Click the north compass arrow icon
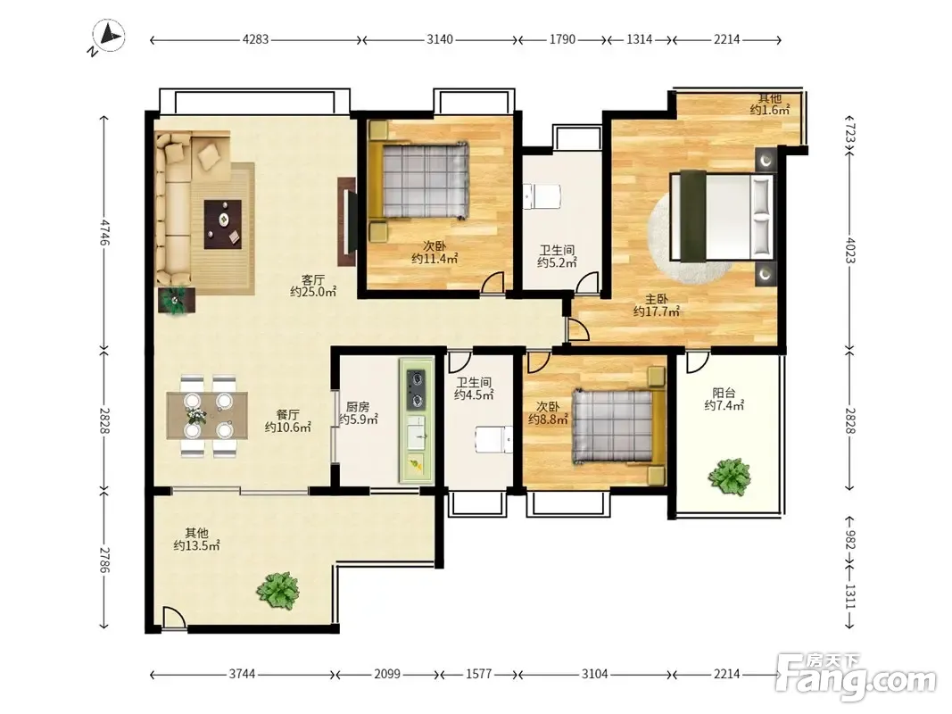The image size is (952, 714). click(x=109, y=36)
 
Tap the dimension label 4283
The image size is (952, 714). click(x=255, y=39)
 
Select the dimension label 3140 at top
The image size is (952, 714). click(x=440, y=39)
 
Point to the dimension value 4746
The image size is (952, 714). click(x=104, y=233)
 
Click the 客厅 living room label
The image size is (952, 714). click(x=312, y=280)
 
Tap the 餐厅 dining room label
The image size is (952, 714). click(x=288, y=415)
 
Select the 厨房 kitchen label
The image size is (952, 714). click(x=358, y=407)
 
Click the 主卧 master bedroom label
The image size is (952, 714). click(x=657, y=299)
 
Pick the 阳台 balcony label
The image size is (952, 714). click(x=724, y=393)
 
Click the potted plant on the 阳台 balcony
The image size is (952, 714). click(x=729, y=476)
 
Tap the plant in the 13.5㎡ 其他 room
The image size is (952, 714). click(x=278, y=590)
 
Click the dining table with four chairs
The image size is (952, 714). click(x=208, y=416)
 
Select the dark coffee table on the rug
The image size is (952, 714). click(x=223, y=224)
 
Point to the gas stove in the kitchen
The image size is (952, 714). click(x=417, y=388)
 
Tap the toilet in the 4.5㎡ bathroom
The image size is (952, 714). click(x=493, y=440)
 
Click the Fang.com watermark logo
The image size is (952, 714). click(x=856, y=675)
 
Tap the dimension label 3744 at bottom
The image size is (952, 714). click(x=243, y=674)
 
